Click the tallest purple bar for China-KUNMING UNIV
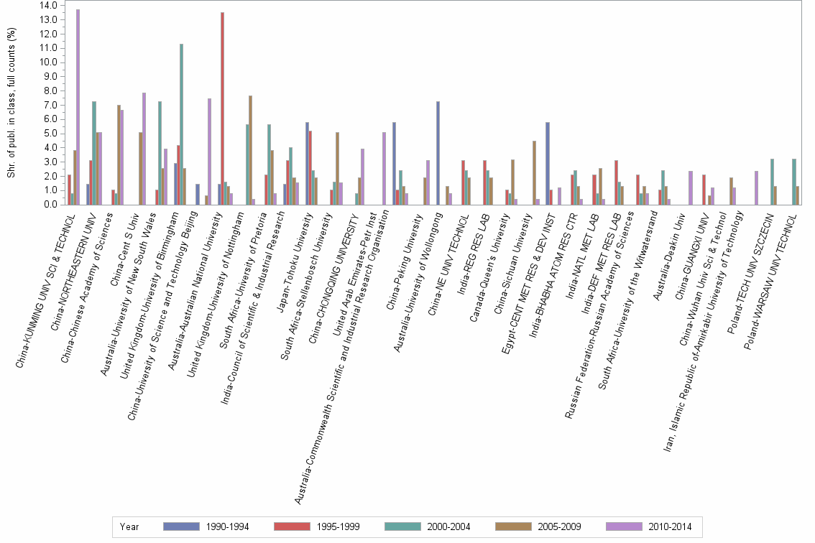click(78, 107)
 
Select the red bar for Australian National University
click(222, 108)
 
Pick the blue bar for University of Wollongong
click(438, 153)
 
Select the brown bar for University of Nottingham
click(250, 150)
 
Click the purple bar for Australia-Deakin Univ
click(691, 187)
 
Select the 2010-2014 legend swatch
click(622, 526)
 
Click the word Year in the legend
click(129, 526)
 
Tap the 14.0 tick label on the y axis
click(48, 6)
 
